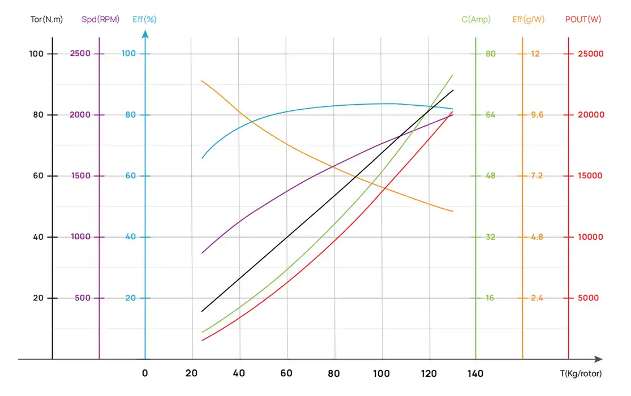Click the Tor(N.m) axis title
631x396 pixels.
[x=46, y=19]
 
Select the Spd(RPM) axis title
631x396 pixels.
[x=100, y=19]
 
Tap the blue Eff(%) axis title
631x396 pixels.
[x=144, y=19]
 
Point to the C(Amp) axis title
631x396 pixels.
[x=476, y=19]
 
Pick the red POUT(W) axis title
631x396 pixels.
[x=583, y=19]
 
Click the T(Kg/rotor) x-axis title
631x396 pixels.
[x=581, y=373]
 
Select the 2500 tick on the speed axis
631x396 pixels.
[x=80, y=54]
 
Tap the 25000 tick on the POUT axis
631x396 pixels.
[x=590, y=54]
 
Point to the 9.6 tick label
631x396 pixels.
[x=536, y=115]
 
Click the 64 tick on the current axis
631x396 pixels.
[x=490, y=115]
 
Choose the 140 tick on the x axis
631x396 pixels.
[x=475, y=373]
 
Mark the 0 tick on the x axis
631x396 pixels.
[x=145, y=373]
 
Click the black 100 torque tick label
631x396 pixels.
[x=36, y=54]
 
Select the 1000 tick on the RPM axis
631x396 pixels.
[x=80, y=237]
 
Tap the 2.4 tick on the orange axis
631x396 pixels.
[x=536, y=298]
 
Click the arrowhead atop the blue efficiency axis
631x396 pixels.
[x=145, y=34]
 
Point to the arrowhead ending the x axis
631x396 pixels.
[x=598, y=359]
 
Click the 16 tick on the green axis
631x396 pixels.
[x=490, y=298]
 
